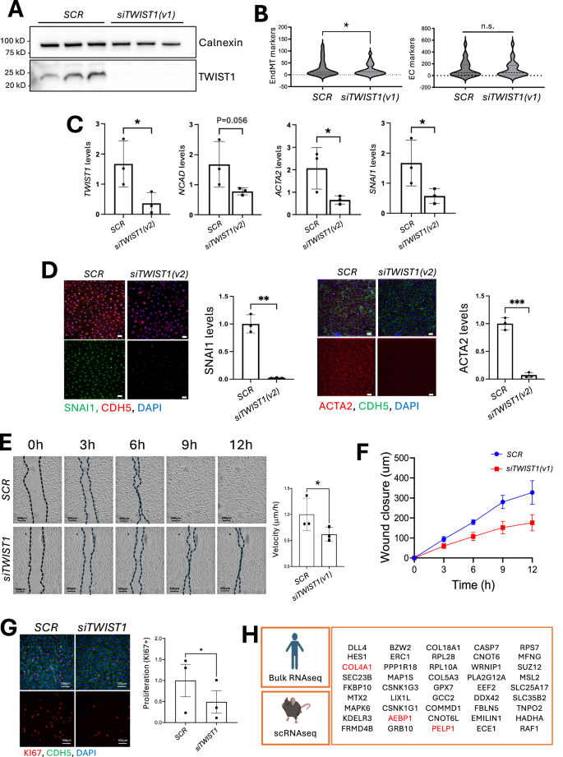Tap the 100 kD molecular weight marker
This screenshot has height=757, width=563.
[x=13, y=39]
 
